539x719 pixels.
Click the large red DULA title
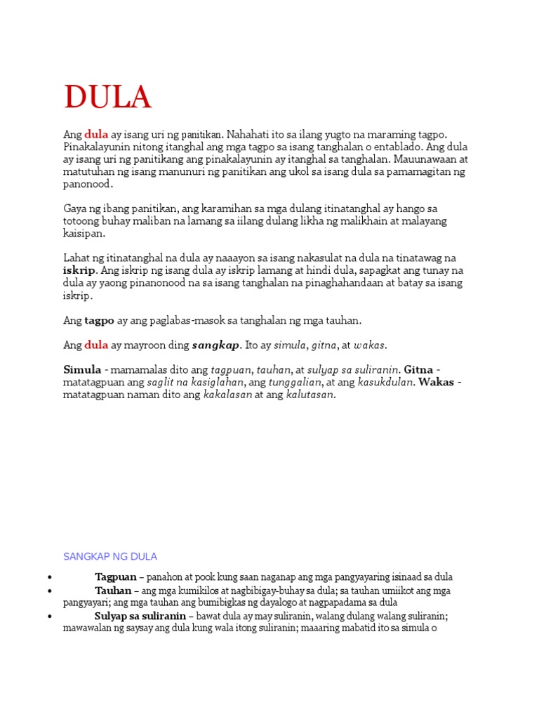(107, 97)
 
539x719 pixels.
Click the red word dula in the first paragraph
(96, 134)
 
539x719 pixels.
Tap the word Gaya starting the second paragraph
(75, 209)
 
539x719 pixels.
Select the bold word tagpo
(99, 320)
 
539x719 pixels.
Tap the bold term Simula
(82, 370)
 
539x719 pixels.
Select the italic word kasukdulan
(386, 383)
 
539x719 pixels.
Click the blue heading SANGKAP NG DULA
(110, 557)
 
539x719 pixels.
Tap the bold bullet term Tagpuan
(116, 577)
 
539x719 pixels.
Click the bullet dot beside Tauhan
(50, 591)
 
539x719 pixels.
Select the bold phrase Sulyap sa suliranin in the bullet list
(140, 616)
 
